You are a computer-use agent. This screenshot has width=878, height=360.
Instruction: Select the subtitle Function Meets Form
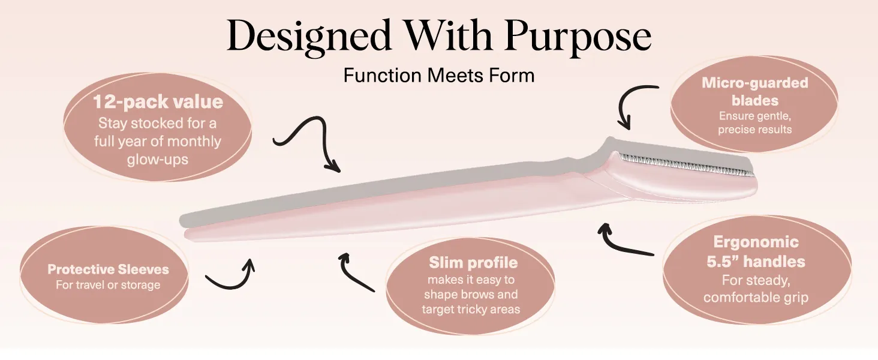438,75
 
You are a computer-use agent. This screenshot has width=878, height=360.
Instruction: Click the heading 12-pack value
158,102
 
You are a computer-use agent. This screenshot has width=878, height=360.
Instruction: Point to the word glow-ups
158,160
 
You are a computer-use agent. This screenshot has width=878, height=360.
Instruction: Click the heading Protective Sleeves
108,269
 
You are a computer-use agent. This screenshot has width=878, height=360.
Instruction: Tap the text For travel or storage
108,285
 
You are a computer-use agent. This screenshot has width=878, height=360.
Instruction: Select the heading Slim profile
473,263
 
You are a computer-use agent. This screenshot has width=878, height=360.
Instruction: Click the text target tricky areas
471,310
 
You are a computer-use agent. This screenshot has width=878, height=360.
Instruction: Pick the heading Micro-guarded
755,83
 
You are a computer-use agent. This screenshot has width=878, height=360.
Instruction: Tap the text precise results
755,130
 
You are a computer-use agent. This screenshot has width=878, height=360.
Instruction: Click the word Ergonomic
756,242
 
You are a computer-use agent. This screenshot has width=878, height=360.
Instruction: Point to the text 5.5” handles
756,262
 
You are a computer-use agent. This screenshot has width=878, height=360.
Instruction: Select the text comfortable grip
756,297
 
